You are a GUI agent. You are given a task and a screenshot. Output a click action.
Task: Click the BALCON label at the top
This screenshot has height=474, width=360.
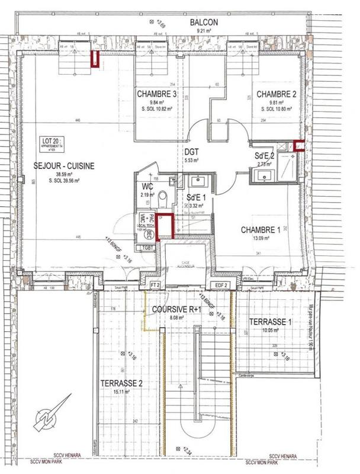point(204,23)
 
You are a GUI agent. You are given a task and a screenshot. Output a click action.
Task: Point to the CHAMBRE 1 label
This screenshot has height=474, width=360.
point(262,229)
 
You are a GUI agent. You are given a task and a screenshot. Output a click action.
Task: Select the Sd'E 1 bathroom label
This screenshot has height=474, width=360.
point(196,197)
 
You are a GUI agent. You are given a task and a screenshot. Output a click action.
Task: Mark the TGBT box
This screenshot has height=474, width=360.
point(149,246)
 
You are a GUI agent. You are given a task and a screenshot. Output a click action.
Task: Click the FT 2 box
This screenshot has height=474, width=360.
point(156,285)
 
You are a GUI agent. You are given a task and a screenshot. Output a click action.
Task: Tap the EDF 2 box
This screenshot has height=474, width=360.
point(221,285)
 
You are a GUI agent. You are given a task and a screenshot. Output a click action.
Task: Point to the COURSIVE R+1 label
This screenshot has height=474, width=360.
point(176,309)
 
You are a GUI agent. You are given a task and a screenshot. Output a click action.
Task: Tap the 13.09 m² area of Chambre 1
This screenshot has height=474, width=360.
point(261,238)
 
